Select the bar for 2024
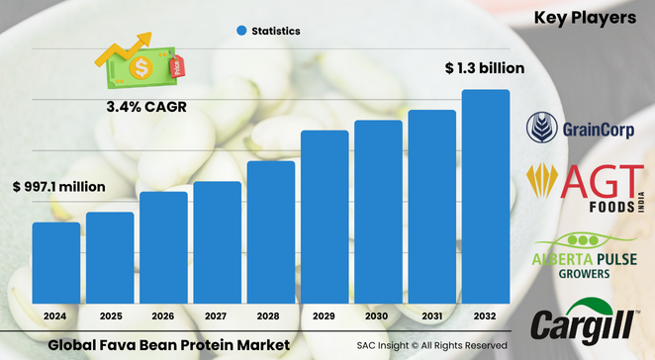pos(55,263)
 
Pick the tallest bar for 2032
pos(486,197)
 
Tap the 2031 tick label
pos(431,316)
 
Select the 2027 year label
pos(217,316)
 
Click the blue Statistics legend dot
pos(240,32)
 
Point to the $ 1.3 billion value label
pos(482,68)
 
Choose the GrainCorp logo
pos(584,127)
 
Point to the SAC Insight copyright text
pos(432,344)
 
